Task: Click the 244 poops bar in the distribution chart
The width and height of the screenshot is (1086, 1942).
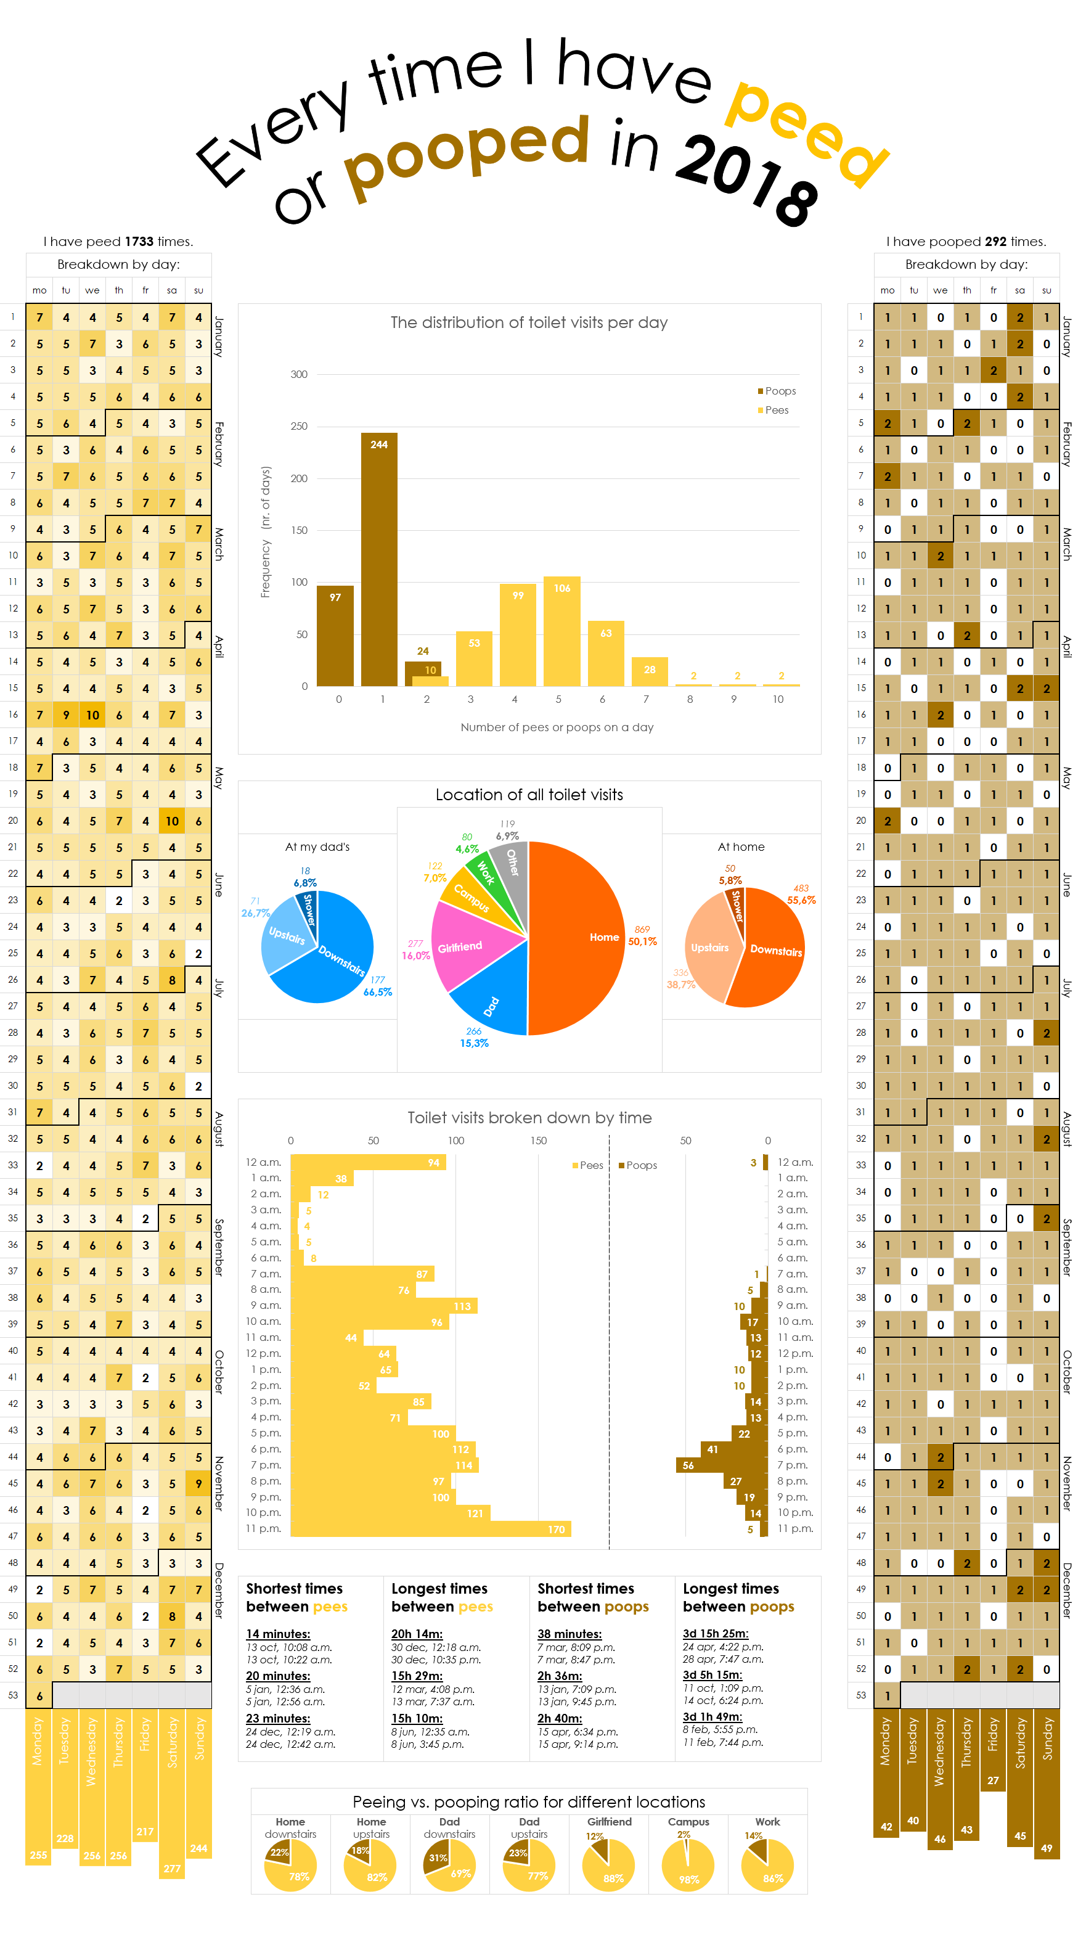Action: click(378, 558)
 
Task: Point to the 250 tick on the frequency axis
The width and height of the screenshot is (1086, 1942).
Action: click(299, 426)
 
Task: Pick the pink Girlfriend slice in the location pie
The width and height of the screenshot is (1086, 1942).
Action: click(467, 946)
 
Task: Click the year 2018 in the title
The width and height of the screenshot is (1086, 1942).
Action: click(746, 177)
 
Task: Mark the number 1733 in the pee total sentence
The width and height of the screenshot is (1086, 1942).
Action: click(139, 241)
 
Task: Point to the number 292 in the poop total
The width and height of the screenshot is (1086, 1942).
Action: click(995, 241)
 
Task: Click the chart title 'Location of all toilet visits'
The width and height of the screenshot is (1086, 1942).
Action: click(529, 795)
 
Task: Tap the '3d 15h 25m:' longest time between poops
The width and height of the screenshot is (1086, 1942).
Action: click(714, 1634)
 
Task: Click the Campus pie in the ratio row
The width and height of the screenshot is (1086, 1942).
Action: click(687, 1865)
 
